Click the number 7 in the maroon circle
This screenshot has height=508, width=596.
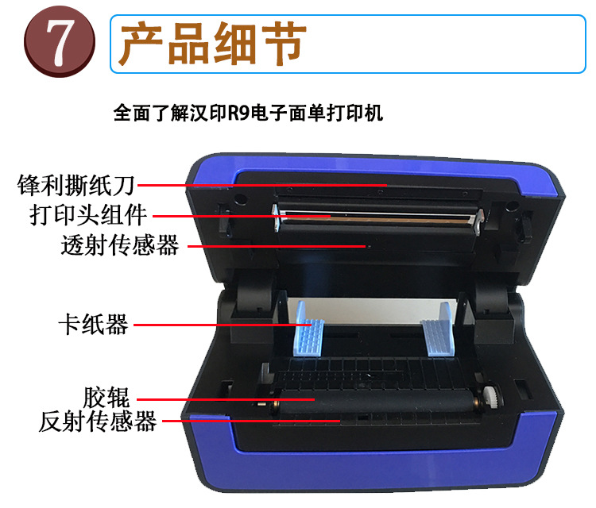(x=60, y=42)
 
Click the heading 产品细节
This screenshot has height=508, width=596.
(x=213, y=44)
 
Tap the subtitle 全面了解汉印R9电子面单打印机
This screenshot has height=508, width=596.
(x=248, y=113)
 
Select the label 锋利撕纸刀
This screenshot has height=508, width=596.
(x=75, y=185)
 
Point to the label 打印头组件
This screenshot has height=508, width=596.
(x=88, y=215)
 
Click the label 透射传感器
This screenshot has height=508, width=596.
(x=120, y=245)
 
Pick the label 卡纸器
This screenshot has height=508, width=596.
(x=93, y=325)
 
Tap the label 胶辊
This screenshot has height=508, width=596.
(x=106, y=397)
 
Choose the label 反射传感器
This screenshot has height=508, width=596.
(x=97, y=421)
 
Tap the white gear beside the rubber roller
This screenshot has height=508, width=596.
(x=491, y=397)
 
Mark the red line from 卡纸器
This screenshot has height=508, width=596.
(x=223, y=325)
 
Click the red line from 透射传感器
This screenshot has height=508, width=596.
(x=277, y=246)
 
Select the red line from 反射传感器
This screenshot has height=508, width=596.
(x=251, y=421)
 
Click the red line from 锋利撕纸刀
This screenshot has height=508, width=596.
(x=262, y=185)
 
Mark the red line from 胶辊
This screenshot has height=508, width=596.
(x=226, y=399)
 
